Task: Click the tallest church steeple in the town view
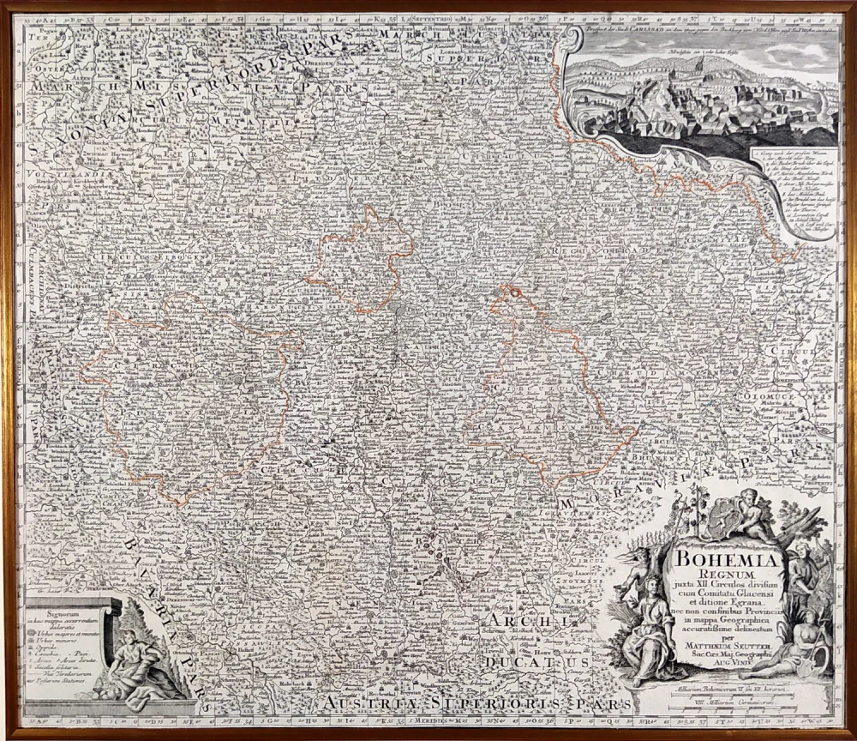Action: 700,72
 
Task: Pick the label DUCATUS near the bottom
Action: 535,663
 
